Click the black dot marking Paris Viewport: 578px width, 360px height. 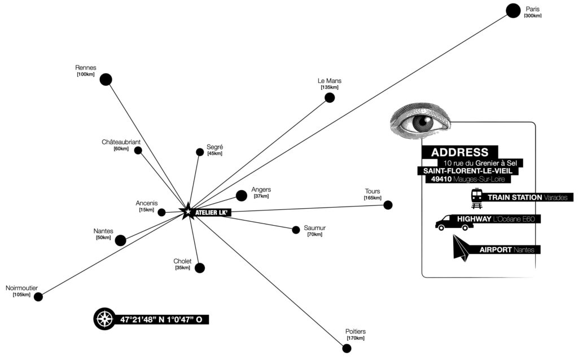pyautogui.click(x=513, y=10)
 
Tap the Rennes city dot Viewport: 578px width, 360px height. pyautogui.click(x=106, y=80)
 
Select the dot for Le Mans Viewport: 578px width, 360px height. pyautogui.click(x=330, y=98)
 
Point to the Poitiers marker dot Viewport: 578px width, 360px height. pyautogui.click(x=347, y=348)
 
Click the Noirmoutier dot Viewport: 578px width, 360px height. pyautogui.click(x=38, y=297)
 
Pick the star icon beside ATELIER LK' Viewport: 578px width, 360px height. pyautogui.click(x=186, y=212)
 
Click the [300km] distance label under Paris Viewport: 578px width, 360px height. pyautogui.click(x=532, y=16)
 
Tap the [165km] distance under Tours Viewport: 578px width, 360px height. pyautogui.click(x=373, y=198)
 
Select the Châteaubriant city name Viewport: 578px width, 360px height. pyautogui.click(x=121, y=142)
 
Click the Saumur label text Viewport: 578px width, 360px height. pyautogui.click(x=314, y=228)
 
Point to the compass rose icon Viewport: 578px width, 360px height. pyautogui.click(x=105, y=319)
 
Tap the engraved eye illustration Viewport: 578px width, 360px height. pyautogui.click(x=422, y=120)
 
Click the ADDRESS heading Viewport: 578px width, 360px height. pyautogui.click(x=459, y=152)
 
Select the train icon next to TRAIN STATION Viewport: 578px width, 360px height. pyautogui.click(x=477, y=197)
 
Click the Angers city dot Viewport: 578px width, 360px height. pyautogui.click(x=242, y=196)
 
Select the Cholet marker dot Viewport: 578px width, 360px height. pyautogui.click(x=199, y=268)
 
